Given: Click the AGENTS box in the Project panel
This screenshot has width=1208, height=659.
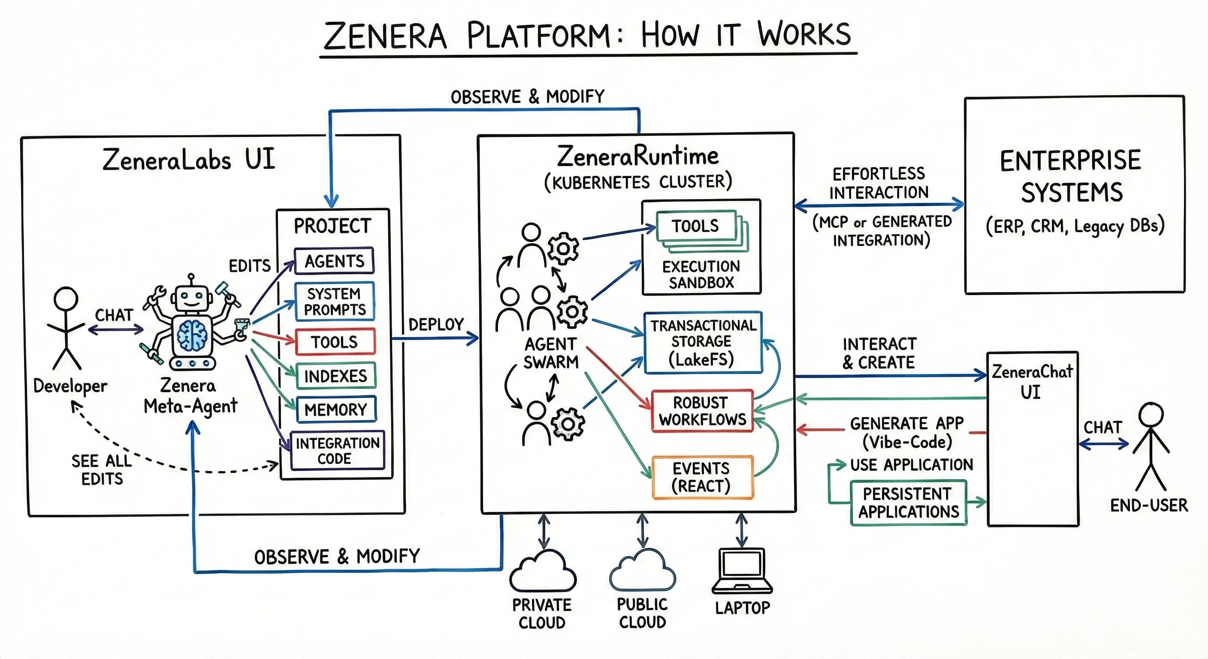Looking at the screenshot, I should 334,261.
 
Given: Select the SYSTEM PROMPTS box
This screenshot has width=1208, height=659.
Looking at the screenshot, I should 334,302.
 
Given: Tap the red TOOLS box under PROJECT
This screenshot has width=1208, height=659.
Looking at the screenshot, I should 335,342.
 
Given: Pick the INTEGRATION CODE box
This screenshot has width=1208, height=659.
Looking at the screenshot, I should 337,450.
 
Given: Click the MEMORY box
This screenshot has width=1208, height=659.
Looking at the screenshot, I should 336,409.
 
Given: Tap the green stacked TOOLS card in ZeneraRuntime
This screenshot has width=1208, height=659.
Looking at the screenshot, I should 696,226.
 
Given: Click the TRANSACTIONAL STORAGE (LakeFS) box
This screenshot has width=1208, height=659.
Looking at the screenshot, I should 703,342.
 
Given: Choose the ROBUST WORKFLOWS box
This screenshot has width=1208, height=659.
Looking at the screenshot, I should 702,411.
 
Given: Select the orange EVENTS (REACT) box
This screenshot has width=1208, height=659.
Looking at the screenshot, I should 702,477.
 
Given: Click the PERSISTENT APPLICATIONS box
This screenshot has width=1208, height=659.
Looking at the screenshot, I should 908,503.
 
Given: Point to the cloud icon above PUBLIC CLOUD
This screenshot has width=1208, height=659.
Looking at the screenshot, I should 643,571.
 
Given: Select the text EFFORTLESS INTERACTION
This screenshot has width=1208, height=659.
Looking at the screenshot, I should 879,183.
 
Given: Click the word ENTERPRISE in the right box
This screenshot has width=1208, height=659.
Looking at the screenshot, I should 1070,161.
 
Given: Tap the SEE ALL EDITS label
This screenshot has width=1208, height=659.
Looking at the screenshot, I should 102,469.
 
